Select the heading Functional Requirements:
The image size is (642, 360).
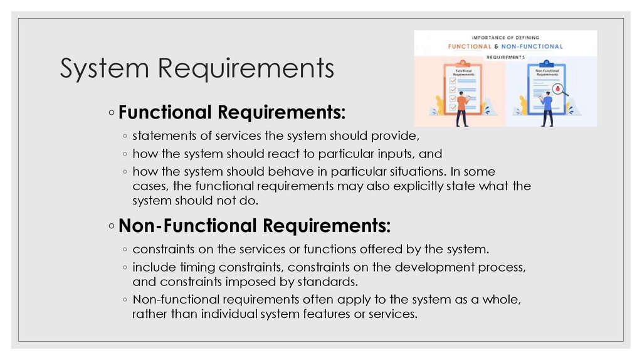click(231, 112)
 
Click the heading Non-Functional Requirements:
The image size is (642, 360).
click(255, 225)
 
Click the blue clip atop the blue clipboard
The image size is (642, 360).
click(547, 63)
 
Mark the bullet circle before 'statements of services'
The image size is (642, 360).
click(126, 136)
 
